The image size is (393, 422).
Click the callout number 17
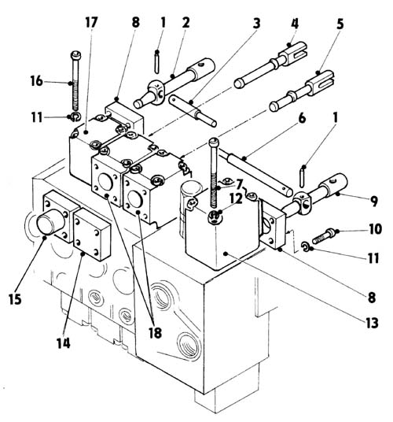91,22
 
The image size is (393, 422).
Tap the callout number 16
36,81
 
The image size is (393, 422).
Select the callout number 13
372,323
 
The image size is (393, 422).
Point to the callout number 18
156,333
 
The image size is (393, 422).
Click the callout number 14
64,343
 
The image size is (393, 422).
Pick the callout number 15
15,299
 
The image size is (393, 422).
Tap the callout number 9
374,202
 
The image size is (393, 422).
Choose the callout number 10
375,229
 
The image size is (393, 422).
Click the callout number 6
302,118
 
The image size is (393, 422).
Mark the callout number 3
256,23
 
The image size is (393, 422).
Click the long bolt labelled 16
76,81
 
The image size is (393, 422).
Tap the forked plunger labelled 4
270,64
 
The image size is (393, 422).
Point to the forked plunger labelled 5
301,91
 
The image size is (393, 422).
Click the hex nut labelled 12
215,217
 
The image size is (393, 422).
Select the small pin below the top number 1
157,64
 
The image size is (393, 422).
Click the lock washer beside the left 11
75,117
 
